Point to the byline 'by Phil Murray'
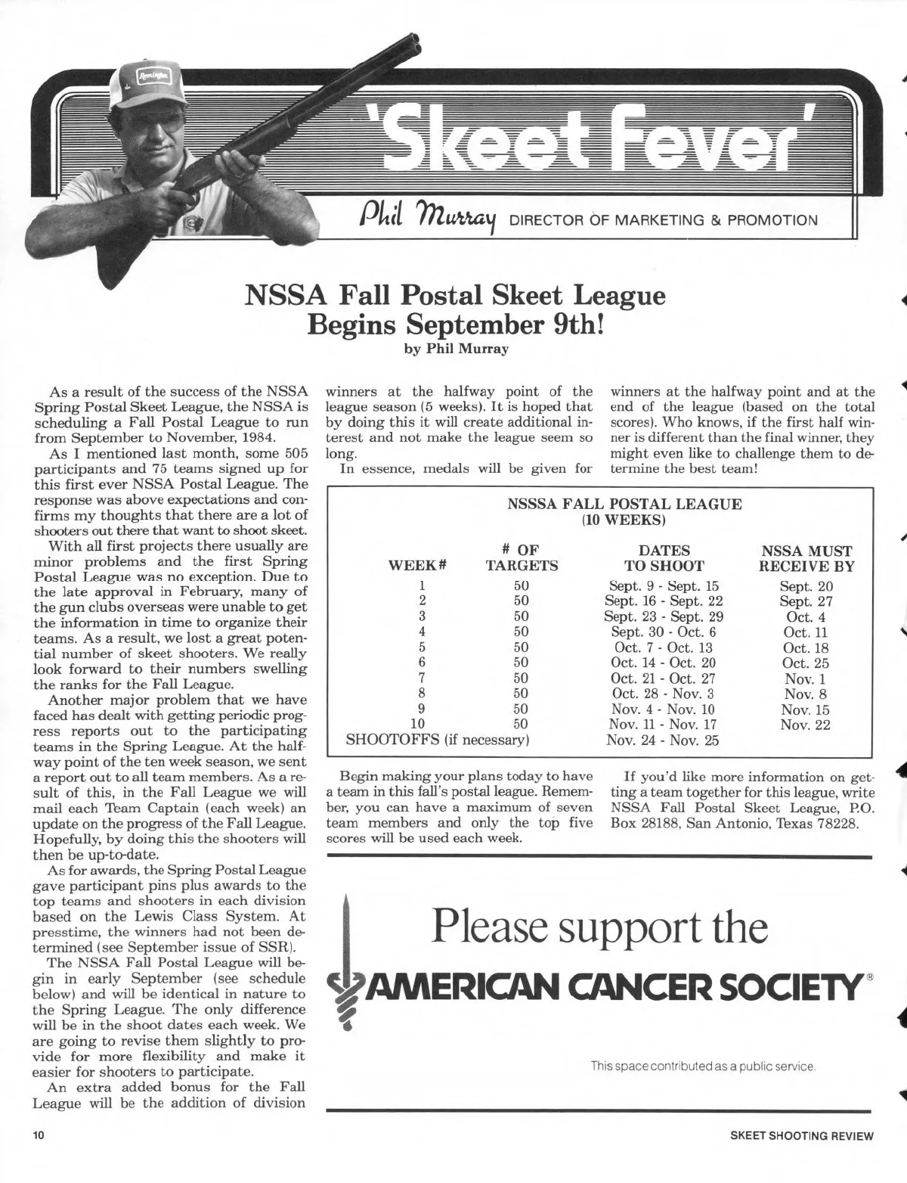(x=457, y=349)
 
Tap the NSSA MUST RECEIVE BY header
(x=806, y=558)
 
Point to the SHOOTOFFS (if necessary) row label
(x=436, y=740)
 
